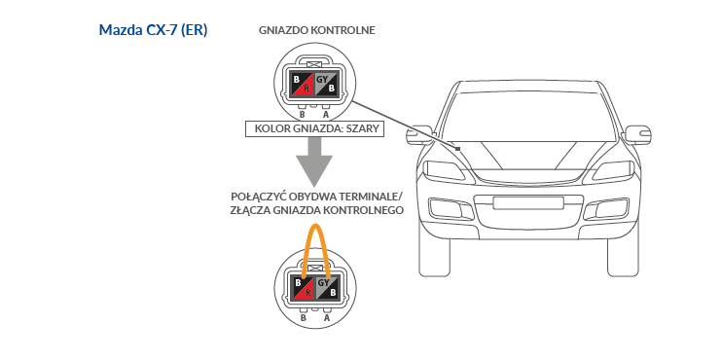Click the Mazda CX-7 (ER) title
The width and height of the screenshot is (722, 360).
click(154, 30)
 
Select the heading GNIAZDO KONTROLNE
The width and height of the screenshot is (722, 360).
click(317, 30)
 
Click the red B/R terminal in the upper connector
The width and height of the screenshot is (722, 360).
click(302, 84)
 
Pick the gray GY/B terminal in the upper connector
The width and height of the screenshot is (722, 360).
click(327, 84)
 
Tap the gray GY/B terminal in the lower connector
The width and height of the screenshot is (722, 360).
click(328, 287)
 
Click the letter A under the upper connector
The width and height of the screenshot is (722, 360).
click(326, 115)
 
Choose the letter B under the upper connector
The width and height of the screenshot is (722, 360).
click(303, 115)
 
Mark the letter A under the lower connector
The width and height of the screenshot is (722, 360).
click(327, 317)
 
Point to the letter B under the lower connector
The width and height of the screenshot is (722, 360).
click(304, 317)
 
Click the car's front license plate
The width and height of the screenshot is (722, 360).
click(528, 202)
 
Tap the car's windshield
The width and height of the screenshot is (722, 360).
click(528, 116)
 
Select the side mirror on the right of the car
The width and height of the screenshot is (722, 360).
click(637, 134)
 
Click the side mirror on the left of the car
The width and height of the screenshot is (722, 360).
click(419, 134)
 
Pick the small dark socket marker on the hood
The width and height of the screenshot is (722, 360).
click(457, 149)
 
